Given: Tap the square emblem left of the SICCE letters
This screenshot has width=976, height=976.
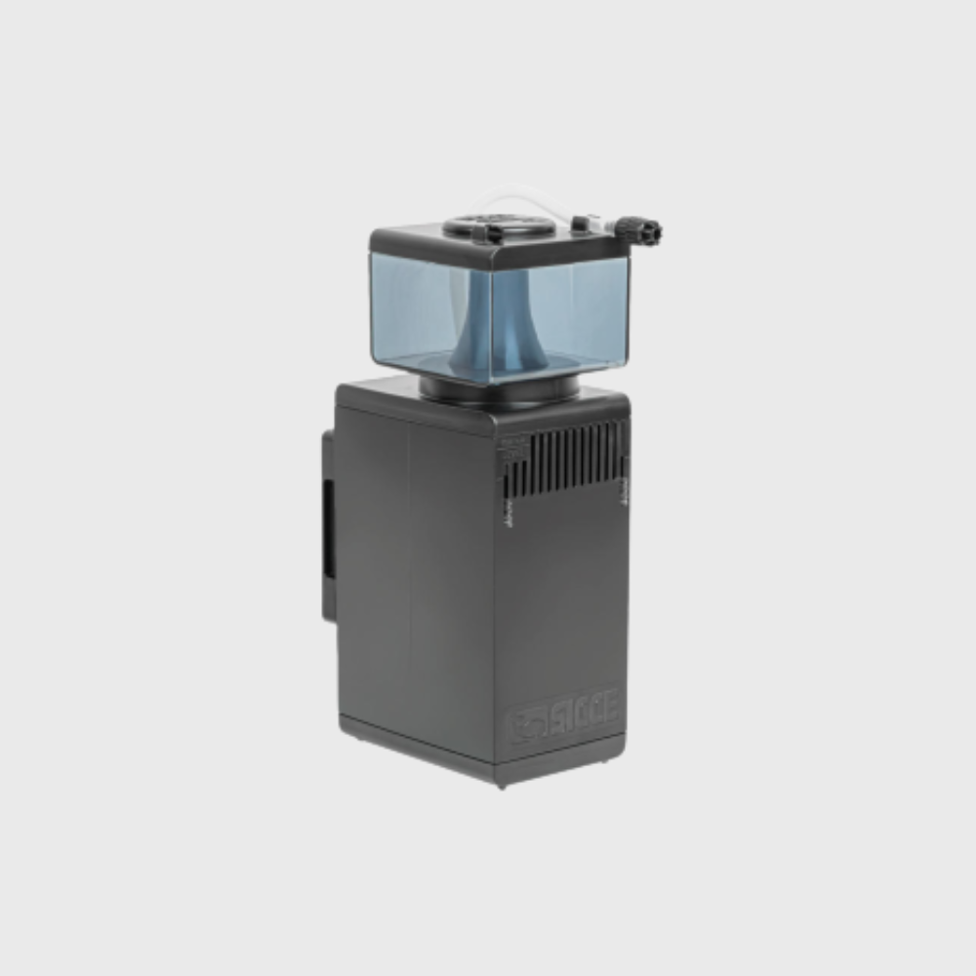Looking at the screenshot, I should [525, 724].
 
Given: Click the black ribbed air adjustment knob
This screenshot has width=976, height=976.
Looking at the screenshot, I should [645, 231].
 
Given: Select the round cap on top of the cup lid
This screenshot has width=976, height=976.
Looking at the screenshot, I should [498, 226].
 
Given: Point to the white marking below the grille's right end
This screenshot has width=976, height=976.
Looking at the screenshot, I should [624, 494].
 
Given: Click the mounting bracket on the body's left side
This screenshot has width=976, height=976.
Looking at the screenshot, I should [329, 527].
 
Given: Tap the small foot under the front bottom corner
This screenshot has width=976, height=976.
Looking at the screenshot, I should [501, 783].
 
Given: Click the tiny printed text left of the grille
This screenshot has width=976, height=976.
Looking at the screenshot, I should [508, 449].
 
